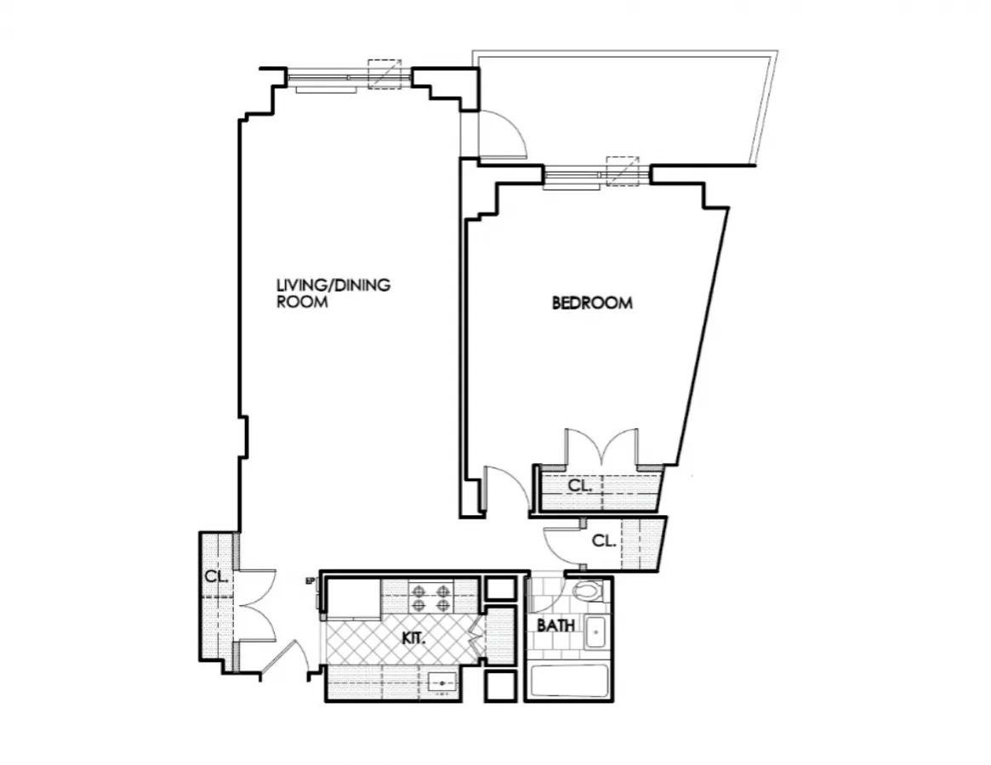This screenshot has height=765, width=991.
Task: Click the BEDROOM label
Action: [x=592, y=303]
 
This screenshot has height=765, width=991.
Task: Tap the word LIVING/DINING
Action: [x=333, y=286]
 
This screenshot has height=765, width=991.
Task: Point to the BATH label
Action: [x=555, y=626]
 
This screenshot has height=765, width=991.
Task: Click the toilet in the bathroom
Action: [x=589, y=591]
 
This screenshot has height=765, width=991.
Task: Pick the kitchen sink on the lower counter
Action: [x=442, y=681]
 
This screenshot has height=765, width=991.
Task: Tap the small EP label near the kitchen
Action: [x=310, y=582]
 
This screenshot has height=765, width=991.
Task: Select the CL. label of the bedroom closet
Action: [x=579, y=486]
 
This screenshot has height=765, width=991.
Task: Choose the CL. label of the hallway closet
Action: [x=603, y=541]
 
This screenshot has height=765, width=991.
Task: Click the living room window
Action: [x=349, y=78]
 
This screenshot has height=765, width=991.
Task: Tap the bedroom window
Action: [x=597, y=176]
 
